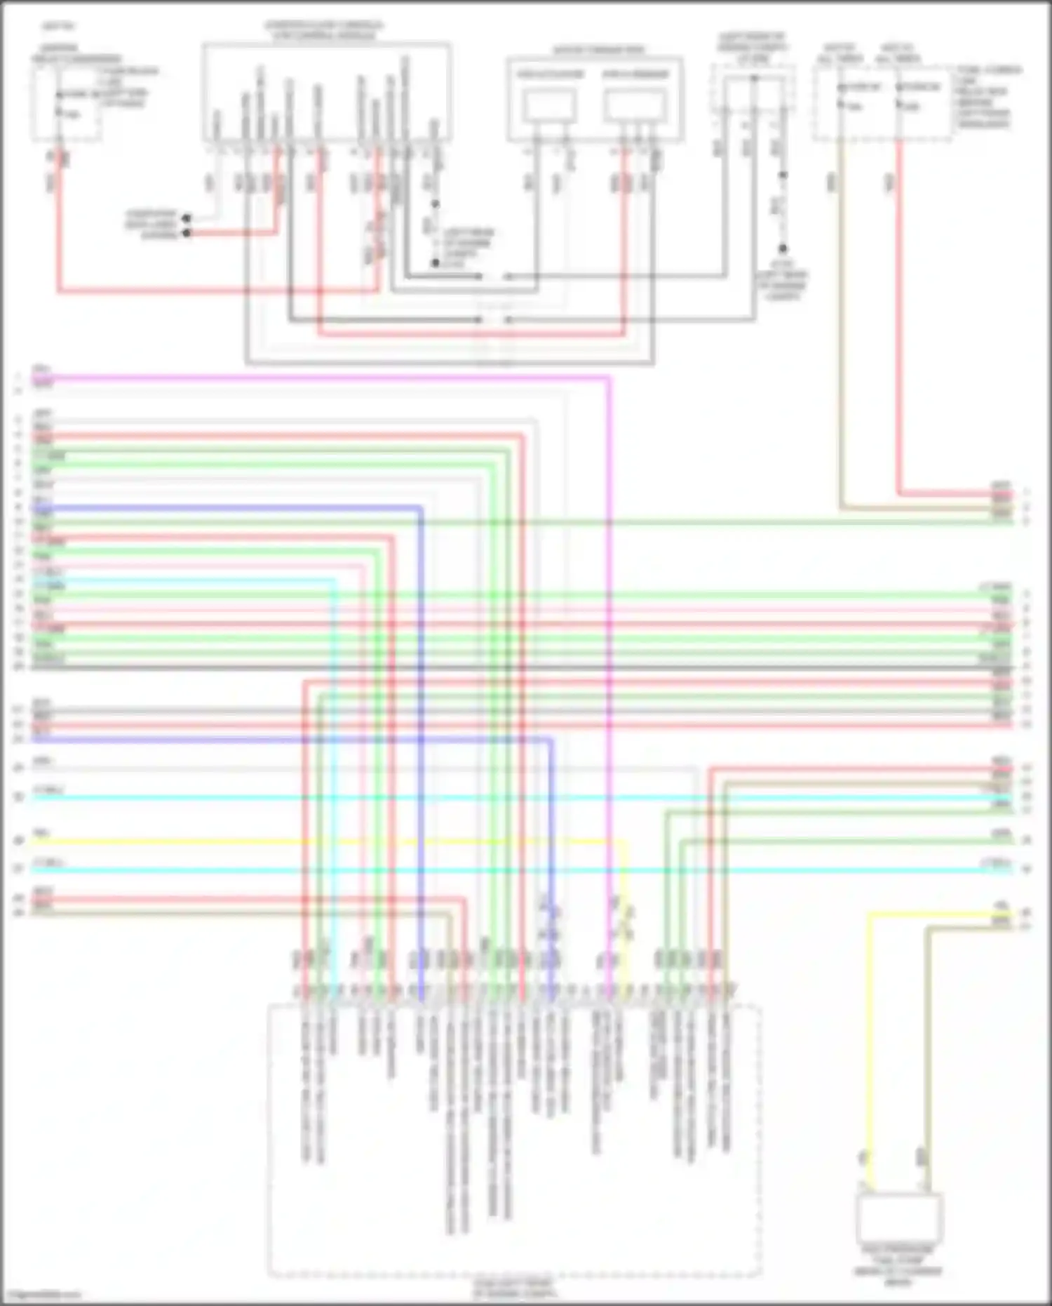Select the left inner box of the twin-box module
click(x=551, y=105)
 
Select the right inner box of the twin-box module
click(x=635, y=105)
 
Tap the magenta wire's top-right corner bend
click(x=607, y=378)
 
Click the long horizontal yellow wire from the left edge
click(x=281, y=841)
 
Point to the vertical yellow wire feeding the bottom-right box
click(x=870, y=1053)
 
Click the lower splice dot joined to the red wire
click(x=187, y=233)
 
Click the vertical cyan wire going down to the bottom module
click(x=334, y=772)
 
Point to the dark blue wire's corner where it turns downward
click(x=420, y=507)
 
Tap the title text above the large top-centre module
click(x=324, y=30)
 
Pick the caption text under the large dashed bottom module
click(x=514, y=1288)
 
